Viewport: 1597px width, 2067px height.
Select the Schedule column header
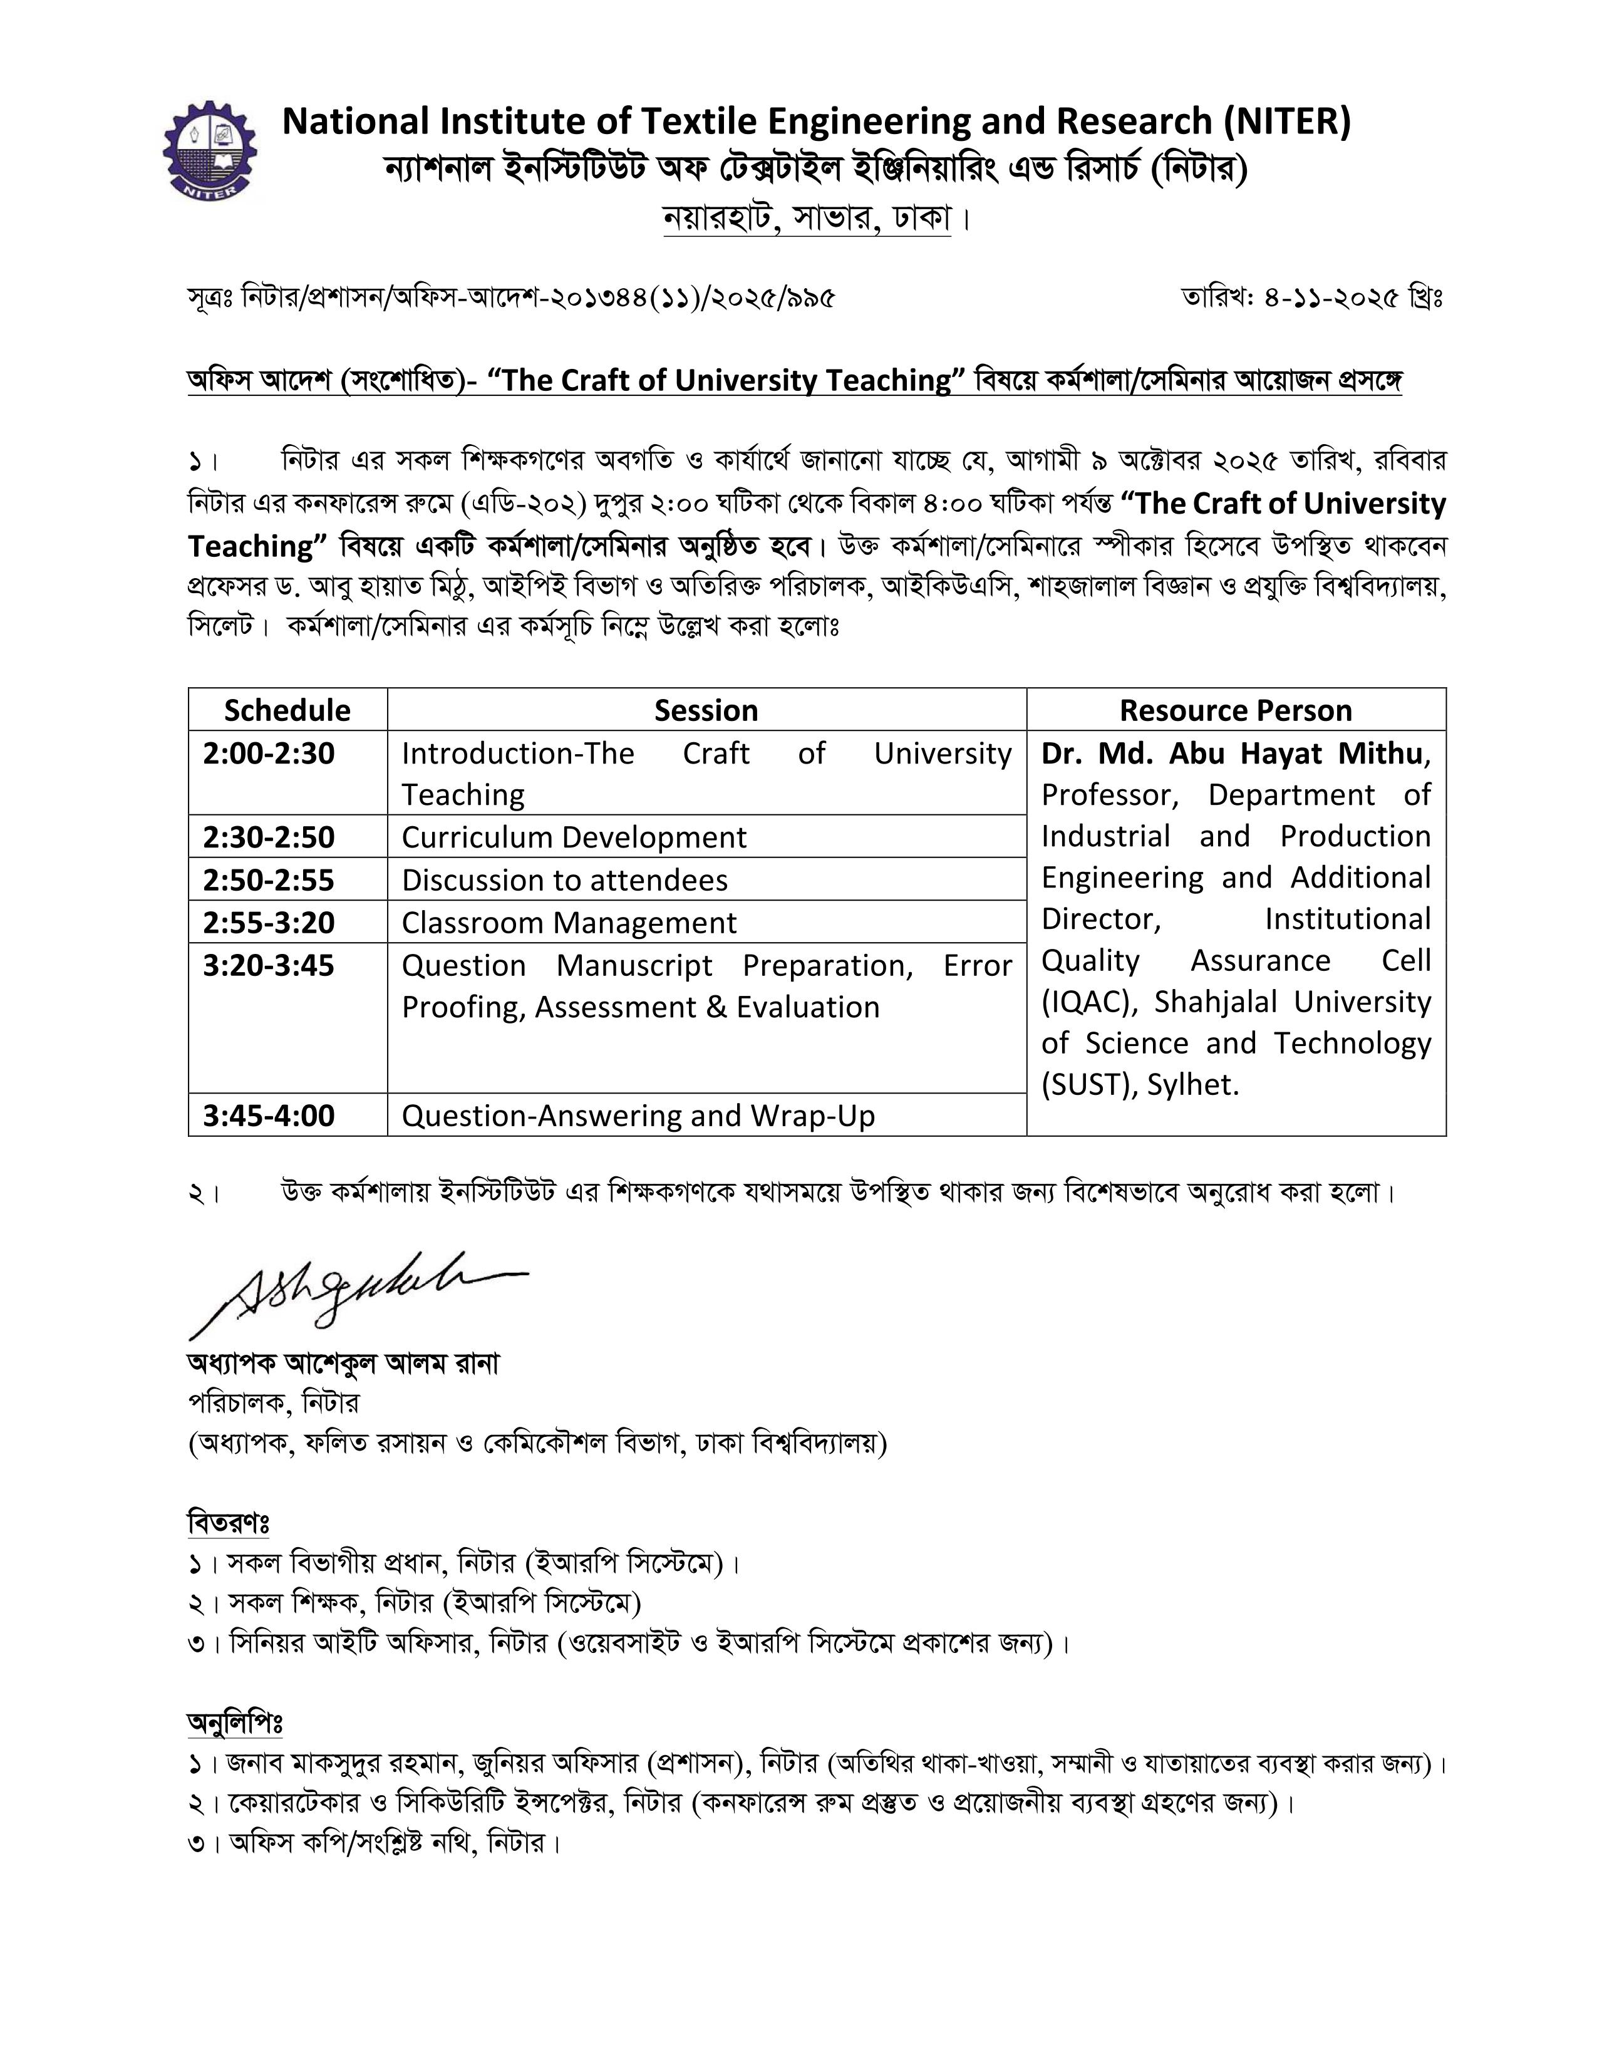click(287, 710)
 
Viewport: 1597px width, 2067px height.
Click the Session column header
click(706, 710)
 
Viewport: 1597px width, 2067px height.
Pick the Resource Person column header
click(1236, 710)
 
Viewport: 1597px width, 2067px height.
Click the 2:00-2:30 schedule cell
click(269, 754)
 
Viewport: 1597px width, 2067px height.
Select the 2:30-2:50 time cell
click(269, 837)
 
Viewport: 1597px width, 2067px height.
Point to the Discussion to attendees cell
click(565, 880)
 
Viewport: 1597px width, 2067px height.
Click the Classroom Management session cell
click(569, 923)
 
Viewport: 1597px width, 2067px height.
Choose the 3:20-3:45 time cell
click(269, 965)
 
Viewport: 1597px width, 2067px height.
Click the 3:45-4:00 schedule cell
click(269, 1116)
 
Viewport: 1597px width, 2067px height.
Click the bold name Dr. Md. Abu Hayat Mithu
click(1232, 754)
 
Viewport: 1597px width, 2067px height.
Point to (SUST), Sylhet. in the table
click(1139, 1085)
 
